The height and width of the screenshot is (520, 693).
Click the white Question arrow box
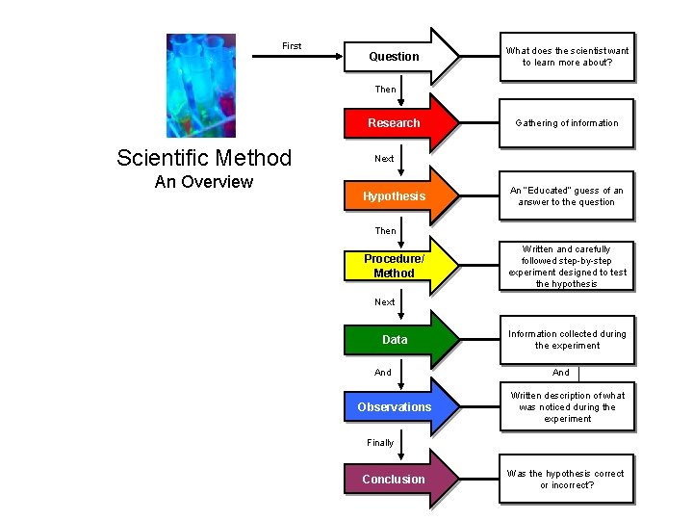pos(399,56)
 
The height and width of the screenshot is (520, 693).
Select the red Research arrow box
pos(399,123)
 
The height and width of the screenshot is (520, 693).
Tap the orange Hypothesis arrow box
pos(399,196)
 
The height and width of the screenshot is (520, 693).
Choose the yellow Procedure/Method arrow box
pos(399,266)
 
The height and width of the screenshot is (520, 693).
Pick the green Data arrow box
pos(399,340)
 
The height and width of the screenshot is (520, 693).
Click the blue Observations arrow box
pos(399,407)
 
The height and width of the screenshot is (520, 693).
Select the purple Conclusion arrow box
pos(399,479)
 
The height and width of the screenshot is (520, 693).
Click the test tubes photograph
pos(200,86)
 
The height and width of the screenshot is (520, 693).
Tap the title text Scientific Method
pos(204,158)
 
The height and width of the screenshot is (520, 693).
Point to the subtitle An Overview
pos(204,182)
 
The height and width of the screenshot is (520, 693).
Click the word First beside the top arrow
pos(292,46)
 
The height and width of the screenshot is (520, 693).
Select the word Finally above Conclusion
pos(380,443)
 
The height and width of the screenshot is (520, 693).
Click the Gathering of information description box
pos(567,123)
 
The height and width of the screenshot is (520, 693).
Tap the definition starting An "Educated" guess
pos(567,196)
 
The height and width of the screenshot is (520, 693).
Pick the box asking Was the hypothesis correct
pos(567,479)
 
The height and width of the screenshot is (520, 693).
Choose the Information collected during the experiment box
pos(567,340)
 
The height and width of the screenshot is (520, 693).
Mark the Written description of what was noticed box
pos(567,407)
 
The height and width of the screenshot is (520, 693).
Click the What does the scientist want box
pos(567,56)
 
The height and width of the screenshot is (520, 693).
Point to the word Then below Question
pos(385,90)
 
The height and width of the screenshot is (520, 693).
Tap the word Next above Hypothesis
pos(384,159)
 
